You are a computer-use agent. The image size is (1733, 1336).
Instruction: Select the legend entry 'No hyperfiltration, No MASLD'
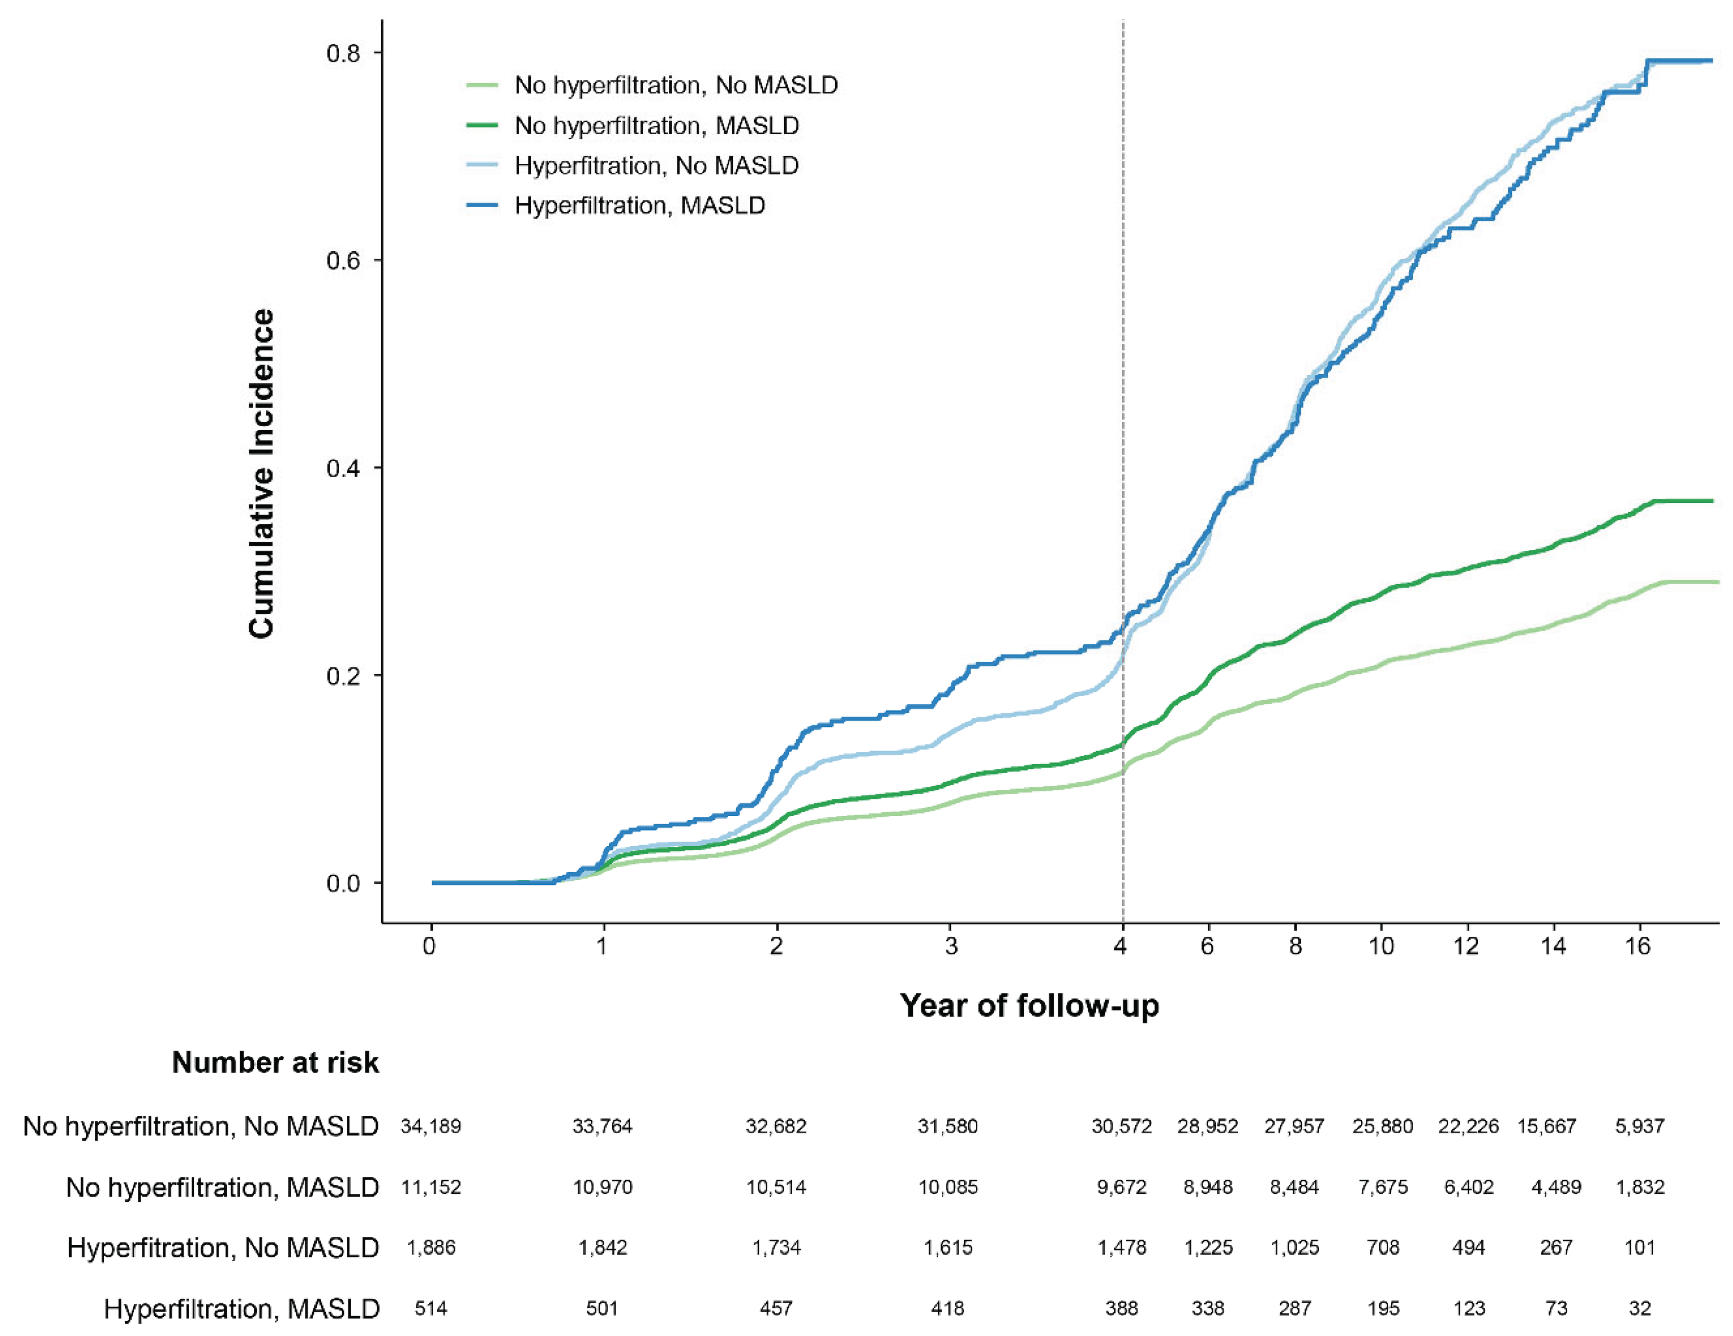(676, 85)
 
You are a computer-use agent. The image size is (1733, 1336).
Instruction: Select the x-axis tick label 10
(1382, 945)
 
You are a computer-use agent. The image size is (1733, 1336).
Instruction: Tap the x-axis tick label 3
(950, 945)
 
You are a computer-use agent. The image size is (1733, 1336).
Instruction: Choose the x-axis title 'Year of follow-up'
(1029, 1005)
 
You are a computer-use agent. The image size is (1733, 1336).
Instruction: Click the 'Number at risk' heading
(275, 1062)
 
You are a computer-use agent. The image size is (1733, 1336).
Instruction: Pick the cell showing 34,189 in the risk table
(430, 1126)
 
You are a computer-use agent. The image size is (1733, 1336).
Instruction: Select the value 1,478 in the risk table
(1121, 1247)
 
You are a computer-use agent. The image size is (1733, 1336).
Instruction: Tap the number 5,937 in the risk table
(1639, 1126)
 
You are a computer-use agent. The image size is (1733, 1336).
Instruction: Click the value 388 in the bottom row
(1121, 1308)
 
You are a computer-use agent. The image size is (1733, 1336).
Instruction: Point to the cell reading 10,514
(775, 1187)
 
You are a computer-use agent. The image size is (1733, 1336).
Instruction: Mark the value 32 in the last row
(1639, 1308)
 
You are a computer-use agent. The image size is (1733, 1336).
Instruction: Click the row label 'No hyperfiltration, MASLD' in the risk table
(222, 1187)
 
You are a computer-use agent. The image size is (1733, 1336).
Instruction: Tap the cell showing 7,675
(1382, 1187)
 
